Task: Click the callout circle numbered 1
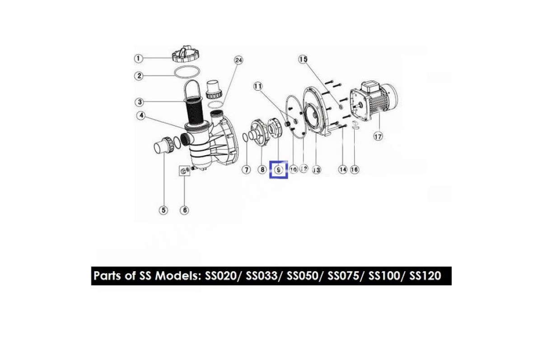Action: coord(138,59)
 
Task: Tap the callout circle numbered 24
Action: coord(238,60)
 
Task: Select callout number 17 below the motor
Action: coord(378,137)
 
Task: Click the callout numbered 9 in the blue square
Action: coord(279,170)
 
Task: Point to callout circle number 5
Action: coord(164,210)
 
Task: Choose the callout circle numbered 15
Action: coord(303,59)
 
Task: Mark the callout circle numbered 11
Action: coord(258,86)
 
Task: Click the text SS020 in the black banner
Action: coord(220,276)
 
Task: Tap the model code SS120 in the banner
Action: coord(425,276)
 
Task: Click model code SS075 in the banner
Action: coord(343,276)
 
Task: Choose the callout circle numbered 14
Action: coord(343,170)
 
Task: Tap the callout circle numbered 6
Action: coord(184,210)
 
